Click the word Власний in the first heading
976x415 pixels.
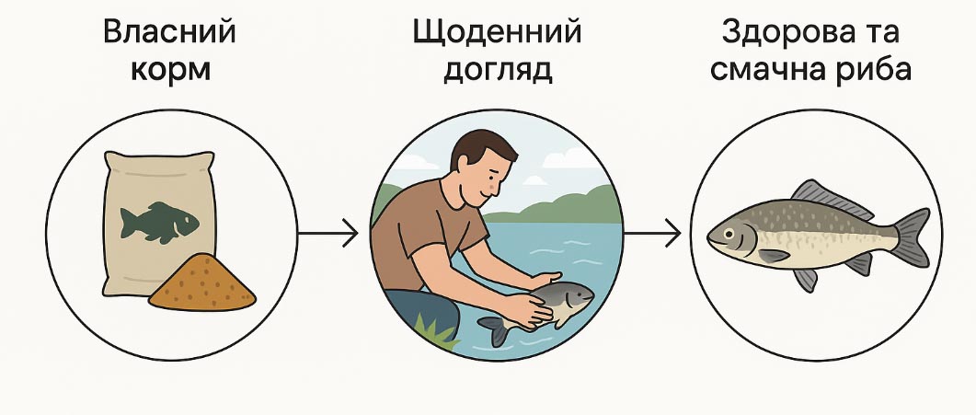coord(170,32)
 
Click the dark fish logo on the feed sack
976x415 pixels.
coord(159,222)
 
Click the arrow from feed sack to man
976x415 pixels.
coord(328,234)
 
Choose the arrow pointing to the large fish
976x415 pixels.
coord(652,234)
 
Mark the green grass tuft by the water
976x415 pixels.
coord(436,330)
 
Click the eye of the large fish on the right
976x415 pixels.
coord(729,233)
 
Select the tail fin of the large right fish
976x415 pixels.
coord(911,237)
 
